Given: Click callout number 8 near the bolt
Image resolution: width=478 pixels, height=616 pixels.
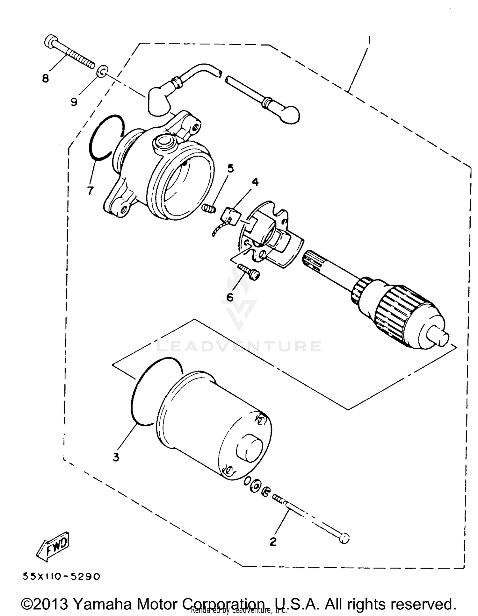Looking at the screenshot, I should point(46,78).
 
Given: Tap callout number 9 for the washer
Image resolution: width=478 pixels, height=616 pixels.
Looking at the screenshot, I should point(74,102).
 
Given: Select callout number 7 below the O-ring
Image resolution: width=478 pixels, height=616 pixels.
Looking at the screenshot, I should point(90,190).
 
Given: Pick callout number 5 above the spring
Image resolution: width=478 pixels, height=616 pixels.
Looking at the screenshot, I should point(230,168).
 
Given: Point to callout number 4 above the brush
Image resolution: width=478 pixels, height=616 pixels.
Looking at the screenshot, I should point(255,182).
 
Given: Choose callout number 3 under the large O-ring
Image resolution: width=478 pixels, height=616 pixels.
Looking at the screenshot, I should point(116,457).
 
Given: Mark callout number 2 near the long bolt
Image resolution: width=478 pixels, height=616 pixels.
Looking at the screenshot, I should point(273,542).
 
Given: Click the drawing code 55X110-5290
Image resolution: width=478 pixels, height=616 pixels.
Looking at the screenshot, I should point(61,577).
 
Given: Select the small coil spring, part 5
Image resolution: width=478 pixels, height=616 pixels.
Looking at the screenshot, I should point(209,209).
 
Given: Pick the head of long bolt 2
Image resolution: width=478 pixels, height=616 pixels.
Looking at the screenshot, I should point(344,538).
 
